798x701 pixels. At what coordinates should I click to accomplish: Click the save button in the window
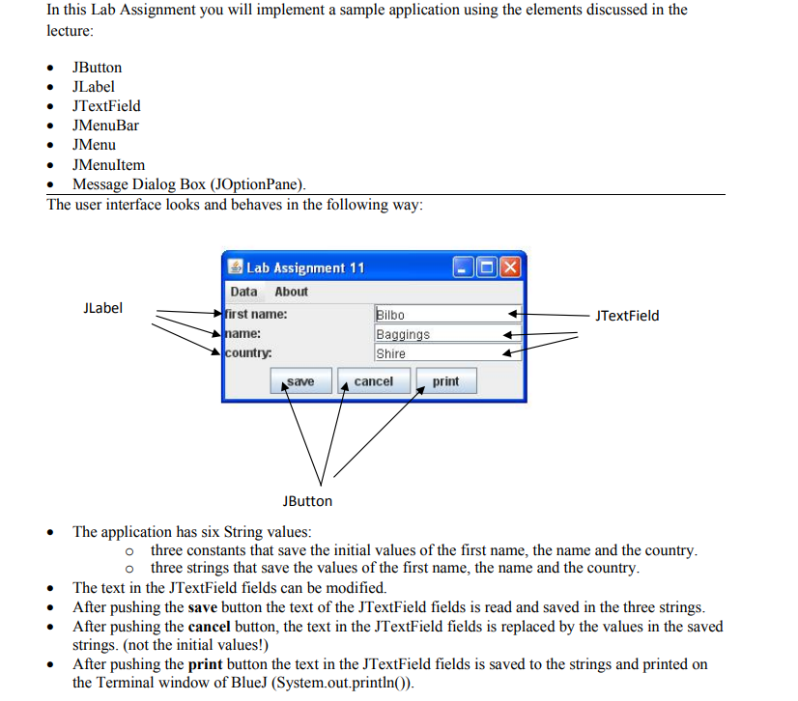click(300, 382)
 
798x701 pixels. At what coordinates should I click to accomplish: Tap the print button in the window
click(445, 382)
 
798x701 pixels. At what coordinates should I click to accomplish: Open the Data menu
click(244, 292)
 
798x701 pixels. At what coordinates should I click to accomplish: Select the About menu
click(291, 292)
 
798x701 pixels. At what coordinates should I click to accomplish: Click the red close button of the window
click(509, 267)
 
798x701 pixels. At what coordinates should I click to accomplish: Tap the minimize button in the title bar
click(463, 267)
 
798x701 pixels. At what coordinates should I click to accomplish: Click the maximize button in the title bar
click(486, 267)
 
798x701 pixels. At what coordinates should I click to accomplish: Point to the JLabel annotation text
click(103, 308)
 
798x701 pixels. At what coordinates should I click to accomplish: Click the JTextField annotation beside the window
click(627, 315)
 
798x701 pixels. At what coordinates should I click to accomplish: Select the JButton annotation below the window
click(307, 501)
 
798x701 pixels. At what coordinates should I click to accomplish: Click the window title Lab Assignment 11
click(305, 267)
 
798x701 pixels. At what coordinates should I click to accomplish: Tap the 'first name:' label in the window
click(256, 315)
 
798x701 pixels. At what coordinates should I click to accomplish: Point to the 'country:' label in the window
click(248, 353)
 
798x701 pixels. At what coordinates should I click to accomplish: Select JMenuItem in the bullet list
click(108, 165)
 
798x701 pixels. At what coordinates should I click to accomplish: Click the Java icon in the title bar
click(235, 267)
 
